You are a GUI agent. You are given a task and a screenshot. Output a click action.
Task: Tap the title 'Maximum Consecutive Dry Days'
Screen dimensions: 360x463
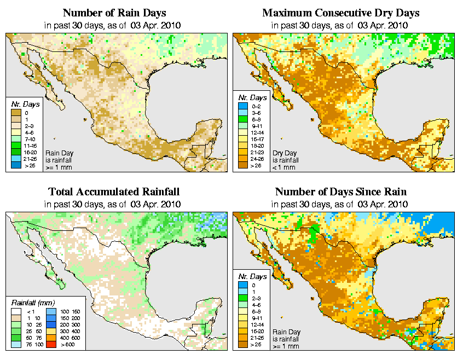pyautogui.click(x=341, y=13)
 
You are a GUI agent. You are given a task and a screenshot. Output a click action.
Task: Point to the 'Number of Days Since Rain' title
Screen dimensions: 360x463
pyautogui.click(x=341, y=192)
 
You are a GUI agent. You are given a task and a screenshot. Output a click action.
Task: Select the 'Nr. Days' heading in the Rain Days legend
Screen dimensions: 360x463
pyautogui.click(x=22, y=104)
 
